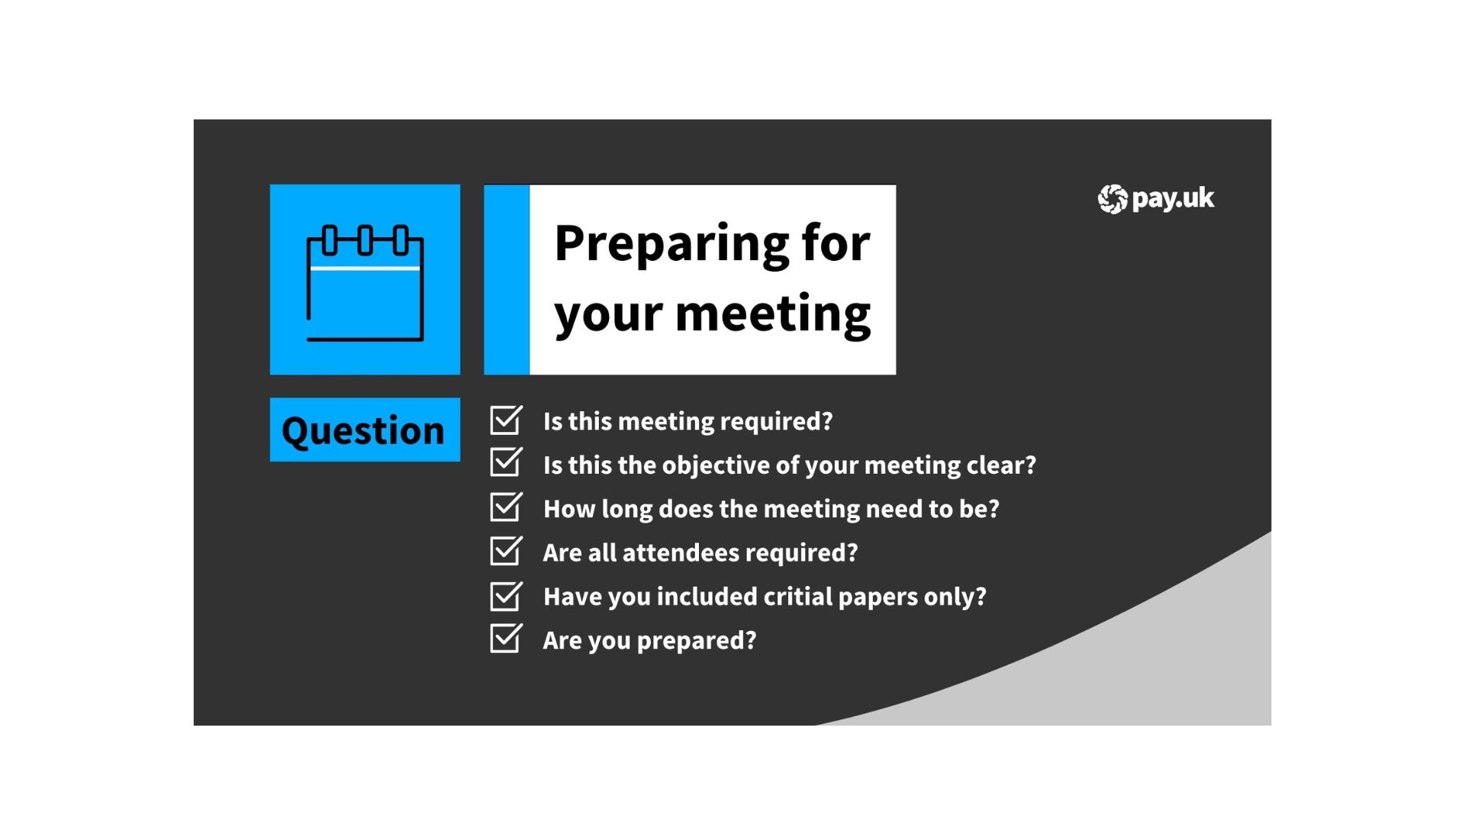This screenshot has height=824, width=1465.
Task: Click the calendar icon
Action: coord(365,282)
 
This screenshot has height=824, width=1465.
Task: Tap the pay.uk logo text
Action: coord(1173,199)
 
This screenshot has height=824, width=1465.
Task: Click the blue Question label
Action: coord(365,430)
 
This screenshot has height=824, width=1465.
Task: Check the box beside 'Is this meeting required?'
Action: coord(506,420)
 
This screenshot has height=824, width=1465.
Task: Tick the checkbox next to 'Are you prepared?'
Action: coord(506,639)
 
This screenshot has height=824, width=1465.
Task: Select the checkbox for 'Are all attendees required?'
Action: coord(506,551)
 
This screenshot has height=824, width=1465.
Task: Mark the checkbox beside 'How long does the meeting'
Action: coord(506,507)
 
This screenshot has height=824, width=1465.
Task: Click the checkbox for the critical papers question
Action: coord(506,595)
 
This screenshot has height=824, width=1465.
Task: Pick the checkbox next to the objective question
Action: coord(506,463)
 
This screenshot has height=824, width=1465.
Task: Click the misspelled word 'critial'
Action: coord(798,596)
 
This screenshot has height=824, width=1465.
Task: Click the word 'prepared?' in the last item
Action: coord(697,641)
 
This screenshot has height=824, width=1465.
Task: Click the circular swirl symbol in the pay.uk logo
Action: coord(1112,199)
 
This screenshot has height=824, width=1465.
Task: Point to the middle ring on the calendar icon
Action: coord(365,240)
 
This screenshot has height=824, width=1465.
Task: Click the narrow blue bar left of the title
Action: coord(507,279)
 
